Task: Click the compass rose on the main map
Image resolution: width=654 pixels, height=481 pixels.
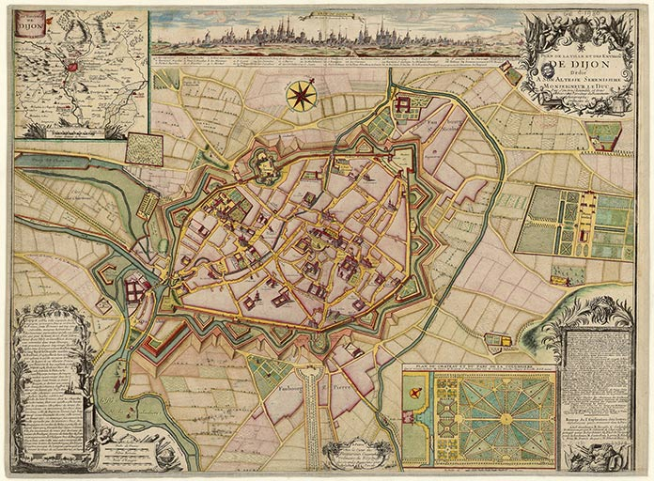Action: click(302, 95)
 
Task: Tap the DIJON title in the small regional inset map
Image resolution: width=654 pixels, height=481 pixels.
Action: click(33, 25)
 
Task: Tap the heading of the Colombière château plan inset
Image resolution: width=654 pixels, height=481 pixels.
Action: click(479, 368)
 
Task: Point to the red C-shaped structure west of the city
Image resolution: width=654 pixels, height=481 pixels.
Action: click(105, 275)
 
